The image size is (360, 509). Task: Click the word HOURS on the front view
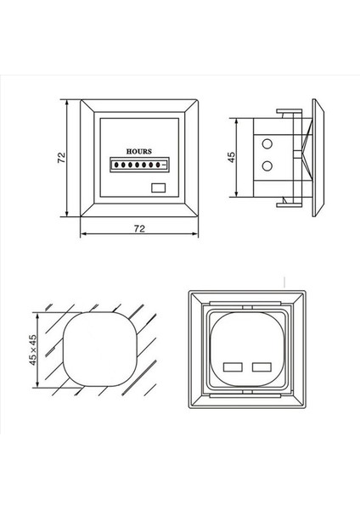[139, 149]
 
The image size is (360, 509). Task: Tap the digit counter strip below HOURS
[138, 162]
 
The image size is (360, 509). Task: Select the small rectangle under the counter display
[159, 187]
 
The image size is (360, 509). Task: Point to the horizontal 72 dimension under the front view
[138, 229]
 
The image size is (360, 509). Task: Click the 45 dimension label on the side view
[231, 158]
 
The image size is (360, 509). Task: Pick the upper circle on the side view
[269, 143]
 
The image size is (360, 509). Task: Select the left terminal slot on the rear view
[231, 367]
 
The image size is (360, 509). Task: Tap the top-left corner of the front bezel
[82, 101]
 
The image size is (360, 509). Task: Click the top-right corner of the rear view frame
[307, 291]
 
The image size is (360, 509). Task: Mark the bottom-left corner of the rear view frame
[188, 411]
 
